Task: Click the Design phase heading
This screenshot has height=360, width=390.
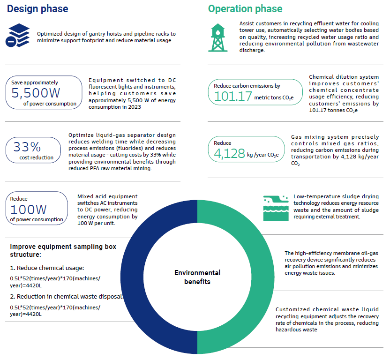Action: click(x=38, y=9)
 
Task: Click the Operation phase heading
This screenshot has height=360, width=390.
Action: click(x=245, y=9)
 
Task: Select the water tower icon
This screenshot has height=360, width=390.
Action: click(x=217, y=37)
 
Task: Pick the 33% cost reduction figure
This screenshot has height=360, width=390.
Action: click(x=28, y=147)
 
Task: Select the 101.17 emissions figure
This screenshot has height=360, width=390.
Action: click(x=232, y=96)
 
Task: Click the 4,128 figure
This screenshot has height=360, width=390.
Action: click(x=230, y=153)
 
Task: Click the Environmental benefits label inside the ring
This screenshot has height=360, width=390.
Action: click(x=197, y=277)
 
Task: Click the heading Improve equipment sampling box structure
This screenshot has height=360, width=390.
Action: click(x=63, y=250)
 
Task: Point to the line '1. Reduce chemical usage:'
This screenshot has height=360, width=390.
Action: click(x=47, y=268)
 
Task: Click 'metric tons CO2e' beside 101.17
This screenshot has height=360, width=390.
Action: click(x=274, y=97)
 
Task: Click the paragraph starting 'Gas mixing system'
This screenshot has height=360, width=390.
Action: click(x=335, y=150)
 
